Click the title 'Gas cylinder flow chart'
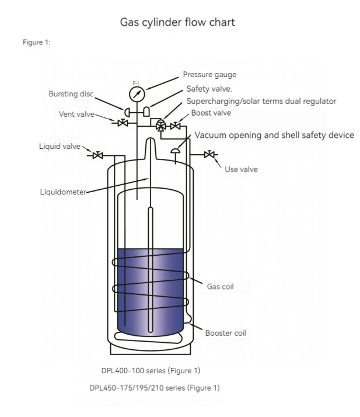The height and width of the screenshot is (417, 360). [x=177, y=23]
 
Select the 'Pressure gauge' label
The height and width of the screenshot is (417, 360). [x=209, y=75]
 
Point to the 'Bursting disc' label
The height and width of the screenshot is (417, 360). [x=71, y=94]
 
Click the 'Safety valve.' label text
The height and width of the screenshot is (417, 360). [x=209, y=89]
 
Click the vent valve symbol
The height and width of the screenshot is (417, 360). [x=123, y=123]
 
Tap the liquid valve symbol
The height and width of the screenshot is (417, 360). [x=98, y=155]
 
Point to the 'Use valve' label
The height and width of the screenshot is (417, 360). [x=241, y=169]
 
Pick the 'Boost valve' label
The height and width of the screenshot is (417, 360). [x=211, y=113]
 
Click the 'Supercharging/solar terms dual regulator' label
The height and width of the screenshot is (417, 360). [x=261, y=101]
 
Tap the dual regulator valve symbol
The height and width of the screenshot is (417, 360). [x=160, y=125]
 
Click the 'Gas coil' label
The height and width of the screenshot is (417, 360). [x=221, y=287]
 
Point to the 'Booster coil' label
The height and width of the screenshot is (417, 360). [x=225, y=333]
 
